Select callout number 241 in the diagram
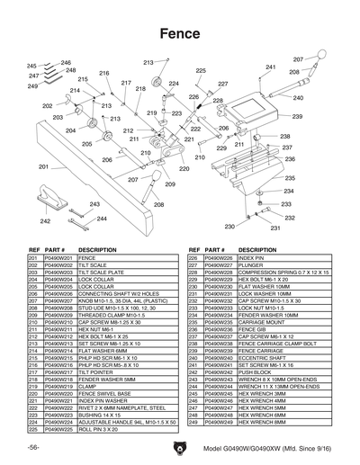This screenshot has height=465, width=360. (x=270, y=67)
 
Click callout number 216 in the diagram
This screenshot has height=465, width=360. (x=103, y=73)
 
